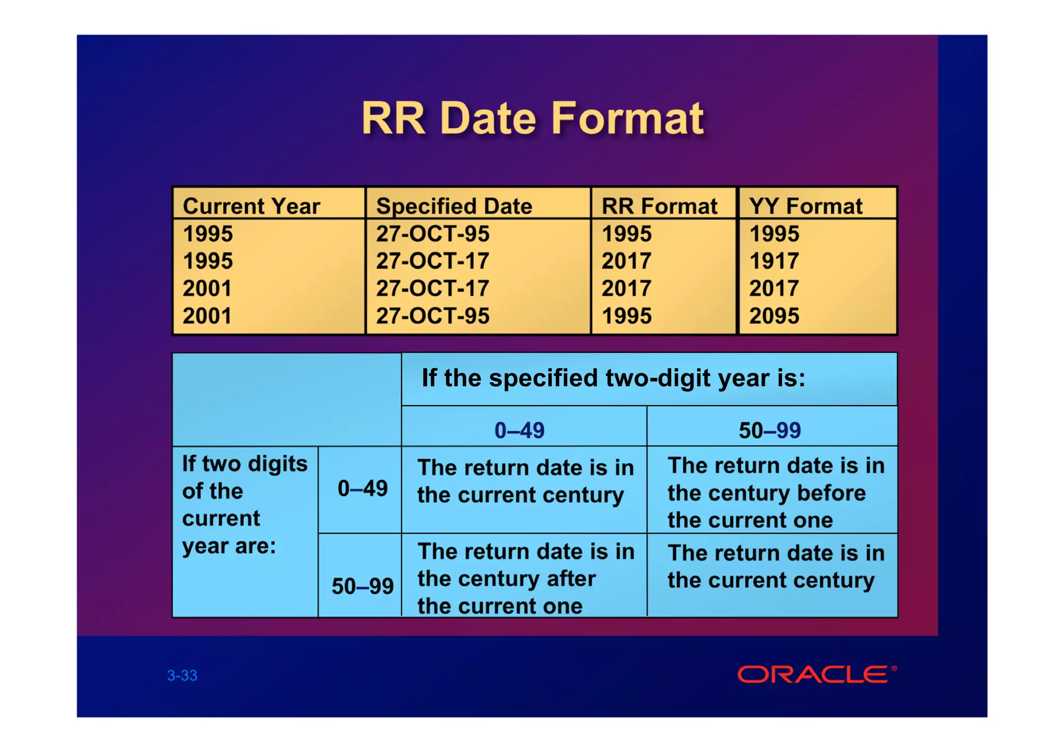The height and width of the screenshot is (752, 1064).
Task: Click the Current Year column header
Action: click(251, 206)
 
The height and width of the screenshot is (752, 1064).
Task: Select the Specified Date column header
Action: click(454, 206)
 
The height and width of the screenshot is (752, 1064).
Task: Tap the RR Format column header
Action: click(659, 206)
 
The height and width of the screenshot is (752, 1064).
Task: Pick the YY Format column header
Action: click(805, 206)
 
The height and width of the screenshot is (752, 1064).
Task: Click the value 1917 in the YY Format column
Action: click(774, 261)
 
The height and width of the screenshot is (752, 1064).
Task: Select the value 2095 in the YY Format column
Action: click(774, 316)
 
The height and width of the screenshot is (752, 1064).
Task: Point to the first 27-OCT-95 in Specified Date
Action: click(432, 234)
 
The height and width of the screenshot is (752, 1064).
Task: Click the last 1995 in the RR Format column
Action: click(626, 316)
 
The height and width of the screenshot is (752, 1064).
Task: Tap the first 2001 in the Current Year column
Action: click(207, 288)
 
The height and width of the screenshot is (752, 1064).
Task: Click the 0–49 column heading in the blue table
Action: click(519, 430)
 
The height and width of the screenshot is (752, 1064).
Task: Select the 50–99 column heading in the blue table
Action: click(769, 430)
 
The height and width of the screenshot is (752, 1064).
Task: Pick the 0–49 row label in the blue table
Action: click(362, 488)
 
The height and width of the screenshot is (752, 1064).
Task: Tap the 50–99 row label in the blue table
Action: click(362, 586)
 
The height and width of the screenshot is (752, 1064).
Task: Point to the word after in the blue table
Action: click(570, 579)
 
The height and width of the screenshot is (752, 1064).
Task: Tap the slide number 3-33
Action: click(182, 675)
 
